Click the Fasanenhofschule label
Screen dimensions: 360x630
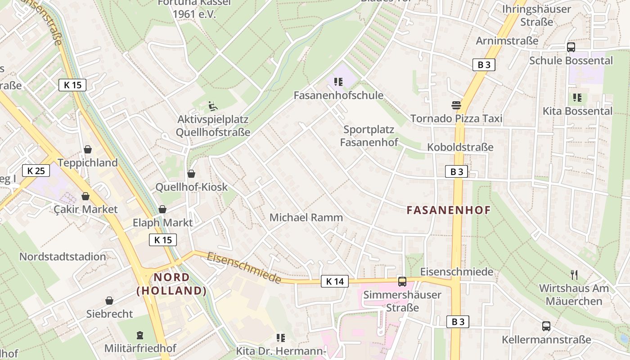point(338,95)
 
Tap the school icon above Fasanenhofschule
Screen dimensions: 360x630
point(338,82)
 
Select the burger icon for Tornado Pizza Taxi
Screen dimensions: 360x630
point(456,105)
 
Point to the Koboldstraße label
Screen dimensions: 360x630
point(460,147)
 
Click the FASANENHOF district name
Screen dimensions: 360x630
point(449,210)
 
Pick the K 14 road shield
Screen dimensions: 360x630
point(335,282)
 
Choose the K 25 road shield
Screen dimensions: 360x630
point(36,171)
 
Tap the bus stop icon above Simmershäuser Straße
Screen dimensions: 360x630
point(402,282)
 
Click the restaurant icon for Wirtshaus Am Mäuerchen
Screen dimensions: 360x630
point(574,274)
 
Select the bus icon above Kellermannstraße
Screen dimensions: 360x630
point(546,326)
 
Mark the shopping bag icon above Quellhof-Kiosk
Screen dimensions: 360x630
point(191,174)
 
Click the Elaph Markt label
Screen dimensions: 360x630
point(162,222)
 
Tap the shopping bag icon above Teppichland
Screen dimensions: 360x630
point(88,149)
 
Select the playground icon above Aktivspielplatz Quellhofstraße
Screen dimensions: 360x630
point(213,106)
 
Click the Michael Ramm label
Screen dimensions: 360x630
point(306,218)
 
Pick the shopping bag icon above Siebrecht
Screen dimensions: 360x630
point(109,301)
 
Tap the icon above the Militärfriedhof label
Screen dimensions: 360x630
point(140,335)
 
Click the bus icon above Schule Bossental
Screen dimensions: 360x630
point(571,47)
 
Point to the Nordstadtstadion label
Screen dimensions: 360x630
point(63,257)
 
